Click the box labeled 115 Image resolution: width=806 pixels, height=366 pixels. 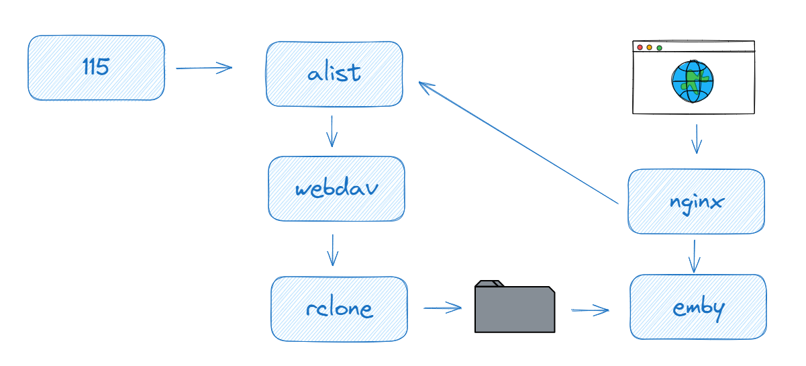click(96, 68)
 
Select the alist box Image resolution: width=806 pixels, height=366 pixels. click(334, 74)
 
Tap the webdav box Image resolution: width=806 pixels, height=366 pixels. click(336, 189)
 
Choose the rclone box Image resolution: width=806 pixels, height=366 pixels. click(339, 309)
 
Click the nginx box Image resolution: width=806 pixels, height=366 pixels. click(696, 201)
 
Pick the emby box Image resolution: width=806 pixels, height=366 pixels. click(698, 307)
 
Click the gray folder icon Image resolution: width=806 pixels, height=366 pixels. click(515, 310)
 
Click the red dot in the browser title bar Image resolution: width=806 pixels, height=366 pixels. click(640, 48)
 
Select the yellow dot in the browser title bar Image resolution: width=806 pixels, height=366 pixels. click(649, 48)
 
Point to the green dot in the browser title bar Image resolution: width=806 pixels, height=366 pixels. click(659, 48)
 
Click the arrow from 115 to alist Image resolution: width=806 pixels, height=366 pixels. click(203, 67)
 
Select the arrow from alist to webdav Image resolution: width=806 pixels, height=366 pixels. click(331, 131)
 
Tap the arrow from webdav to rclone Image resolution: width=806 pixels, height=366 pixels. click(332, 250)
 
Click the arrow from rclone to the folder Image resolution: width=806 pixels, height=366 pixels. click(443, 308)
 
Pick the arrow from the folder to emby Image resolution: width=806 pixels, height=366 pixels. click(590, 310)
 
